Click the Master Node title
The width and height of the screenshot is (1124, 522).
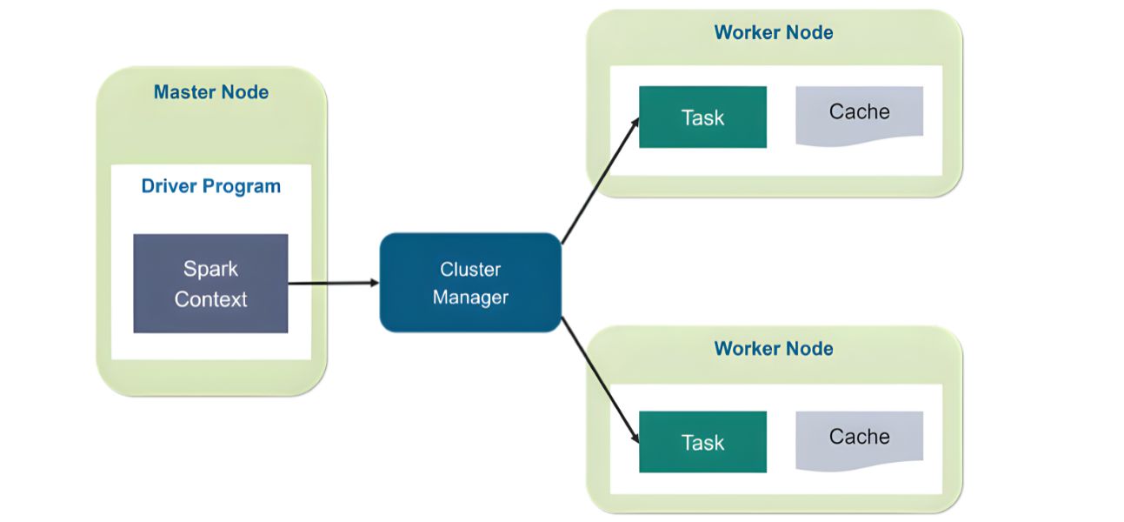(x=210, y=92)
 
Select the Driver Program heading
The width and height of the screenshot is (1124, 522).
(x=210, y=186)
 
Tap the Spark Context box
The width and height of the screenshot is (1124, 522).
(x=210, y=283)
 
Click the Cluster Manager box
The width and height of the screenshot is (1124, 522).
(x=469, y=283)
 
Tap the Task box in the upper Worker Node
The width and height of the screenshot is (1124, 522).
(x=702, y=117)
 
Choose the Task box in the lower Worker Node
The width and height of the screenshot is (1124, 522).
(x=702, y=442)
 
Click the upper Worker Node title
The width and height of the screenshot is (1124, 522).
(x=773, y=33)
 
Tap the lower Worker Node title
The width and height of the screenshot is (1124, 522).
(x=773, y=349)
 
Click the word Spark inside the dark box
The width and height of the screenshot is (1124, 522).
(x=210, y=269)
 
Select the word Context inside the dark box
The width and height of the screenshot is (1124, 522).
(x=210, y=299)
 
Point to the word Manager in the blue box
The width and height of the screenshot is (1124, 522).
(x=469, y=298)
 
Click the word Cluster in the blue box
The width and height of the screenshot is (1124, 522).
(x=469, y=270)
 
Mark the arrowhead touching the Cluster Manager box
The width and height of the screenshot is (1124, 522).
(x=375, y=283)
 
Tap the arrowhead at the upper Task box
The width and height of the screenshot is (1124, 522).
(x=635, y=124)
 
